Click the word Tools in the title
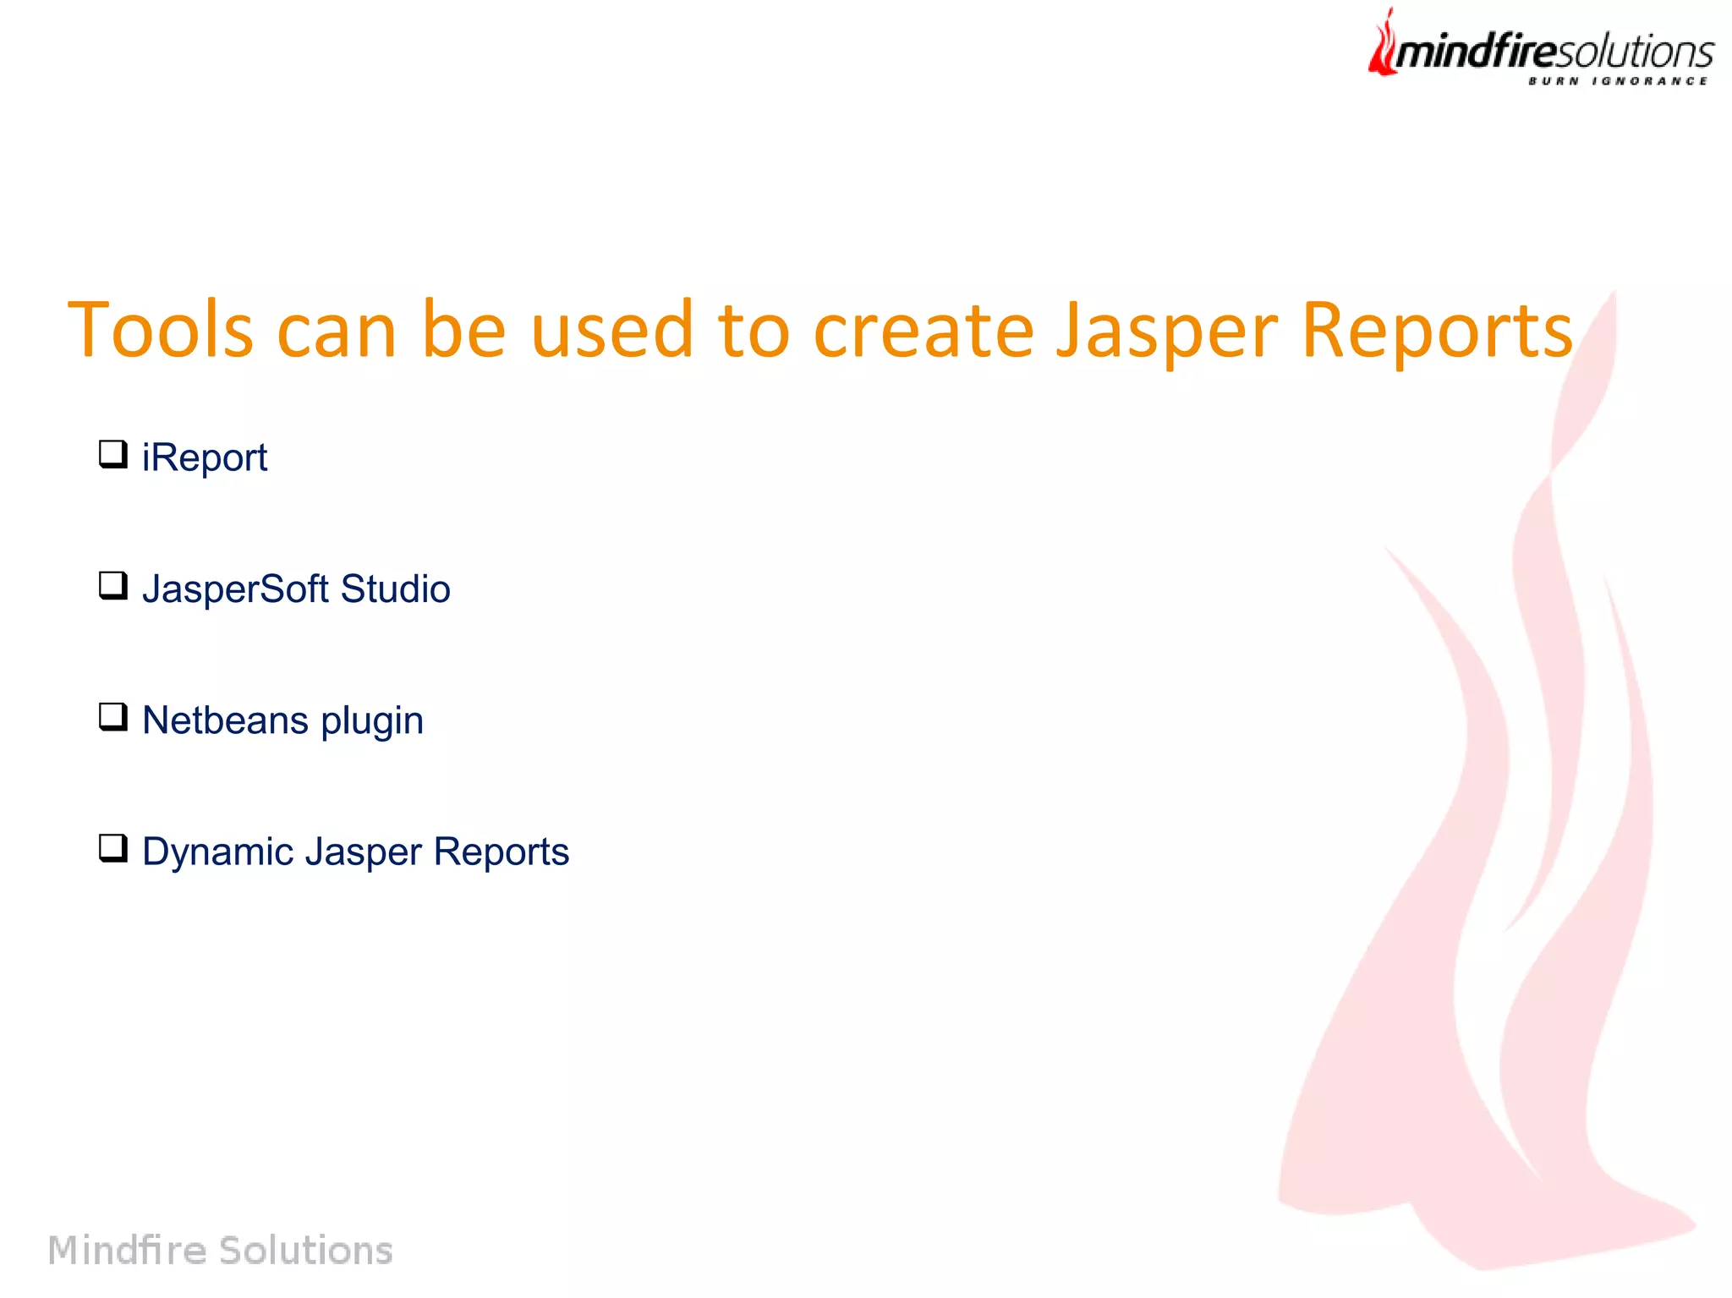click(160, 330)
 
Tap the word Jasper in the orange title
click(1167, 331)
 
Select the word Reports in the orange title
click(1436, 331)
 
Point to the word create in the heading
click(923, 330)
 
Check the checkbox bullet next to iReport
click(112, 455)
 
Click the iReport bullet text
click(205, 457)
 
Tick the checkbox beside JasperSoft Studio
click(112, 586)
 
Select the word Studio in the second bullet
click(395, 589)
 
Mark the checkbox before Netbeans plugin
click(112, 717)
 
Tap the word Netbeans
click(225, 720)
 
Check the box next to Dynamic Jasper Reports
click(112, 848)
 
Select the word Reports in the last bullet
click(501, 852)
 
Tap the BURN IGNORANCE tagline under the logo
click(1618, 81)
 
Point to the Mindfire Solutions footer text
click(220, 1250)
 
